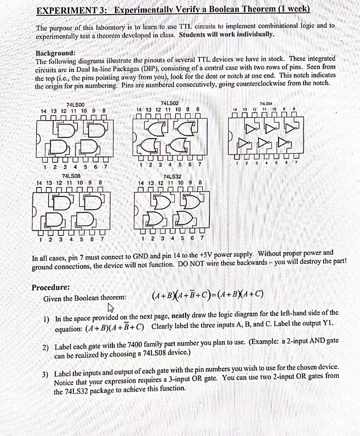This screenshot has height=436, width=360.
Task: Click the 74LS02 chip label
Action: (170, 103)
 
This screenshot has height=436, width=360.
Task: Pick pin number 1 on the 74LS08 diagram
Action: (40, 239)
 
